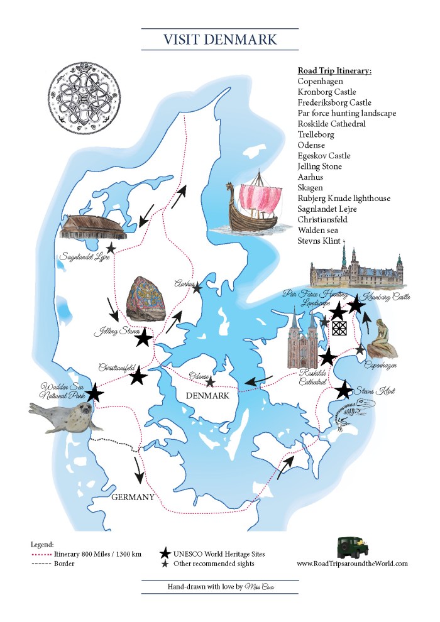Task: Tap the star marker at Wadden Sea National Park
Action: pos(94,393)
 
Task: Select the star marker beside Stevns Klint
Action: pos(344,390)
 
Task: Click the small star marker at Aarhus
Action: pos(197,288)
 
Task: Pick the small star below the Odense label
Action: pos(210,382)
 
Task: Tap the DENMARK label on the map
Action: pos(207,396)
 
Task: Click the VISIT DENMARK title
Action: pos(220,40)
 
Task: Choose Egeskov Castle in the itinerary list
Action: pos(324,155)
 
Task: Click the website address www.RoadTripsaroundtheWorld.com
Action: pos(352,564)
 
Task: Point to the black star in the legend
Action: pos(165,553)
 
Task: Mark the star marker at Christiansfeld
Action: pos(138,377)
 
